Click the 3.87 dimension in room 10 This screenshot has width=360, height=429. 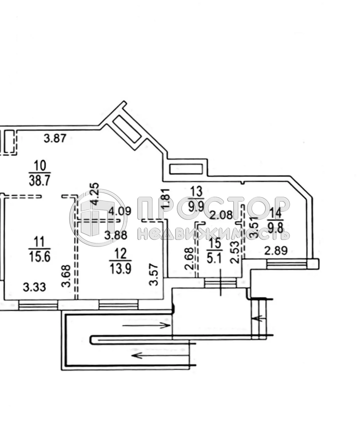click(x=55, y=138)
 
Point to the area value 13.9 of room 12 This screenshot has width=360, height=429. click(x=120, y=268)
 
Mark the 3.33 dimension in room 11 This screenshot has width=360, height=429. click(x=34, y=287)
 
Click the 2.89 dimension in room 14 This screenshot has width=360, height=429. click(x=276, y=251)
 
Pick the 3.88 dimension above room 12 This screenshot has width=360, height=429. click(x=115, y=235)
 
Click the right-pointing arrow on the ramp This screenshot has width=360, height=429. click(x=146, y=325)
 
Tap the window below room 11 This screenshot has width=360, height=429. click(x=38, y=305)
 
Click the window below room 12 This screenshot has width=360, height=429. click(x=118, y=305)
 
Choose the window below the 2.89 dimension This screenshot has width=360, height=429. click(x=287, y=264)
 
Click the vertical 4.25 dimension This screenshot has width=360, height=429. click(x=95, y=192)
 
